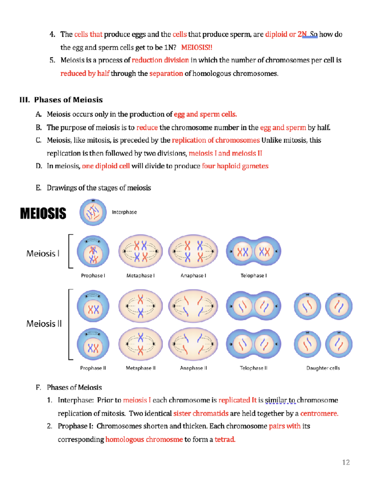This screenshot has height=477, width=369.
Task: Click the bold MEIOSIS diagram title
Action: pos(43,213)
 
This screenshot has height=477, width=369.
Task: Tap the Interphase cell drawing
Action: pos(93,212)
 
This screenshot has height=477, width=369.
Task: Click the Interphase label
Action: pos(124,212)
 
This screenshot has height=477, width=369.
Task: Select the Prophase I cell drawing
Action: pos(93,251)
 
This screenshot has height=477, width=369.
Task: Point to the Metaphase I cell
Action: pos(141,251)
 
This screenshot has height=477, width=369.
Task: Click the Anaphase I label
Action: pos(193,276)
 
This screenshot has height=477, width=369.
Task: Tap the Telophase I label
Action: pos(253,276)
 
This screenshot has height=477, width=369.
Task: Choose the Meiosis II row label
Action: pos(44,323)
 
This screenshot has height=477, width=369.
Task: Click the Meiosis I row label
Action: pos(43,253)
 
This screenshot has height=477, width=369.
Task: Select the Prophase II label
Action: pos(93,368)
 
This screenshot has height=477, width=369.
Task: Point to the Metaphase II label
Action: pos(141,368)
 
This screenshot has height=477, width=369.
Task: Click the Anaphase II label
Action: pos(193,368)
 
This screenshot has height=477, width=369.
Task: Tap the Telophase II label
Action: pos(253,368)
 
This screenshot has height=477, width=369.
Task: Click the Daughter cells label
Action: pos(323,368)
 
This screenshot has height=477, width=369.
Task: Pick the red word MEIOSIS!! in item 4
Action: pos(196,47)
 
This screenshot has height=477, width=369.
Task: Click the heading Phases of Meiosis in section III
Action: pos(68,100)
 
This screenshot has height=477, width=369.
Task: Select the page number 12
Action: pos(346,463)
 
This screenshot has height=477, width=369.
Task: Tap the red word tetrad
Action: pos(225,439)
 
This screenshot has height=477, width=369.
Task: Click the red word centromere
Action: pos(319,413)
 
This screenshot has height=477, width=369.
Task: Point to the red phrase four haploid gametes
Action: pos(235,166)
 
